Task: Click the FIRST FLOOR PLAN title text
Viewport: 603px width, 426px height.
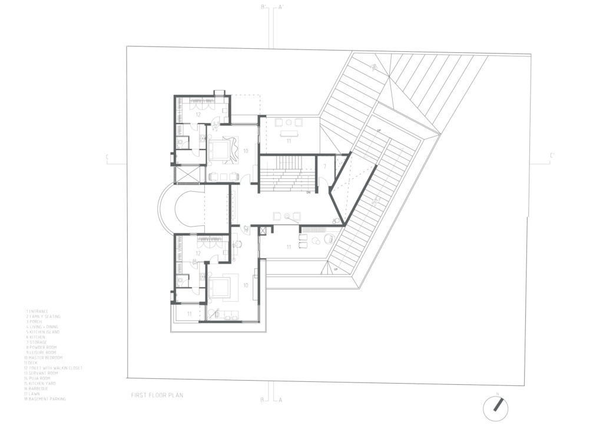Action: pos(157,395)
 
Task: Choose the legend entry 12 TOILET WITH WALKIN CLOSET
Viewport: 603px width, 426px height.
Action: pos(54,368)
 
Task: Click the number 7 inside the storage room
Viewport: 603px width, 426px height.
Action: pos(324,167)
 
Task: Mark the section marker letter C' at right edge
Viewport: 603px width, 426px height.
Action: pos(552,156)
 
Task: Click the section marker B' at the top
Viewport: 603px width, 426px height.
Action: pos(264,7)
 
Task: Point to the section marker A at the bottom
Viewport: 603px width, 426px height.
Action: pos(280,400)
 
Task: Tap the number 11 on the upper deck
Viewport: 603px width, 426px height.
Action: pos(289,142)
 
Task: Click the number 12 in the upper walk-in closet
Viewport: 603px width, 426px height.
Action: pos(198,115)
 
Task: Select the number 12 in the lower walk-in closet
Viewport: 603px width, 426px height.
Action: pos(198,253)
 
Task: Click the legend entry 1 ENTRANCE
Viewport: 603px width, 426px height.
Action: pos(37,311)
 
